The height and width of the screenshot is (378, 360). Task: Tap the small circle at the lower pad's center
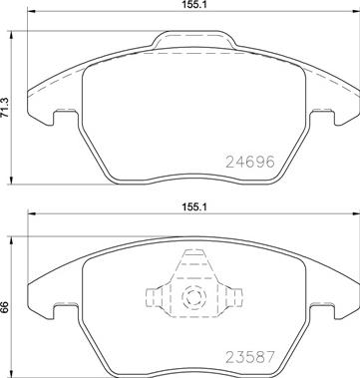point(192,293)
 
